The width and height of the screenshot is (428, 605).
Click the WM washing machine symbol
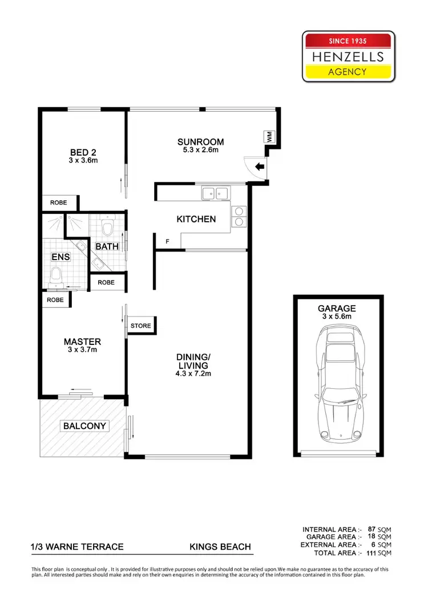pyautogui.click(x=268, y=137)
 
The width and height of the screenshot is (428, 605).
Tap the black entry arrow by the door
pyautogui.click(x=259, y=167)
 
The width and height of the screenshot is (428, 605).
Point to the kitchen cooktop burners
pyautogui.click(x=239, y=216)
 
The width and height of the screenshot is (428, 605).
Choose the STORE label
pyautogui.click(x=141, y=326)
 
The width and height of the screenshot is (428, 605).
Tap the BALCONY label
pyautogui.click(x=85, y=426)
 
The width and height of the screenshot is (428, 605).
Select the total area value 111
pyautogui.click(x=369, y=553)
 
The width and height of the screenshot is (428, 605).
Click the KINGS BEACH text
pyautogui.click(x=220, y=547)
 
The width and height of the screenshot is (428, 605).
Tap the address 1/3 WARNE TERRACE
pyautogui.click(x=78, y=547)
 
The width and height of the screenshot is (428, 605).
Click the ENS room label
pyautogui.click(x=60, y=257)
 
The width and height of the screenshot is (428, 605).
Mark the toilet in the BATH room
pyautogui.click(x=107, y=228)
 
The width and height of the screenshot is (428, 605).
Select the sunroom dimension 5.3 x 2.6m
pyautogui.click(x=200, y=150)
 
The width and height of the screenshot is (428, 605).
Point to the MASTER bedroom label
pyautogui.click(x=82, y=342)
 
